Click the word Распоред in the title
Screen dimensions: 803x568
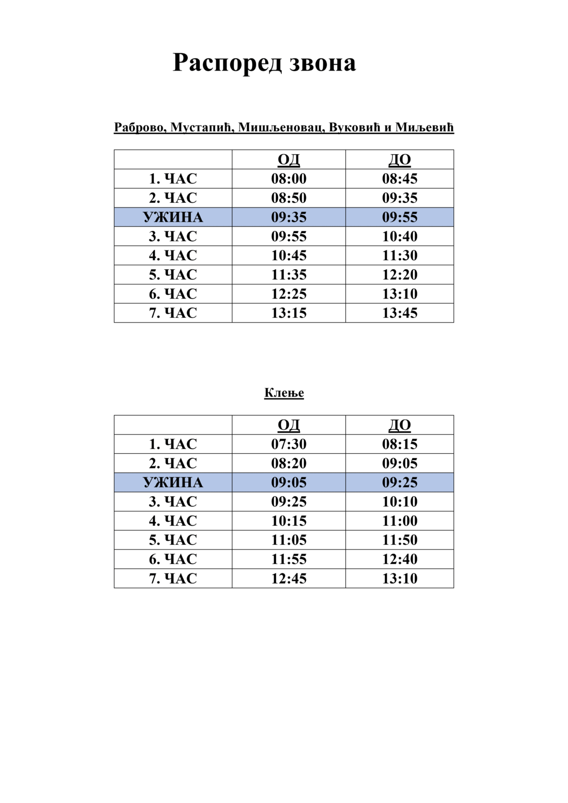(228, 63)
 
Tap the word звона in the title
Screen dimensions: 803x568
(322, 63)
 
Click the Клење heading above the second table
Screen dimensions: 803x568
(284, 393)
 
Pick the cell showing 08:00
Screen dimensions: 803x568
(289, 179)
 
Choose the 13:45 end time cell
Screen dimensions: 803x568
(400, 313)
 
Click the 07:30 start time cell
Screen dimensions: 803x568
(289, 444)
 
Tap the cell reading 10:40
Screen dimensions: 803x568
(400, 236)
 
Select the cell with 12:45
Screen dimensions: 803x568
(289, 579)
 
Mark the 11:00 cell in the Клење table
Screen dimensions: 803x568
(400, 521)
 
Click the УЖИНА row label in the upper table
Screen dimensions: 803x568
(173, 217)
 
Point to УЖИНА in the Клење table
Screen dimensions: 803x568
(173, 483)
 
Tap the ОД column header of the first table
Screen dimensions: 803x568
(289, 160)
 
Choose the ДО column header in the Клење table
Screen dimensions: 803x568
(400, 426)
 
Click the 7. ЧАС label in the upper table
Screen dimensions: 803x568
(173, 313)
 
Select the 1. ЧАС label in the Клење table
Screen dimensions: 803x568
(173, 444)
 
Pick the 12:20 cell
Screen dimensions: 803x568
(400, 275)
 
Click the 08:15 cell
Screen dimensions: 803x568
(400, 444)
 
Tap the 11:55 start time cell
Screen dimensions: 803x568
(289, 559)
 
